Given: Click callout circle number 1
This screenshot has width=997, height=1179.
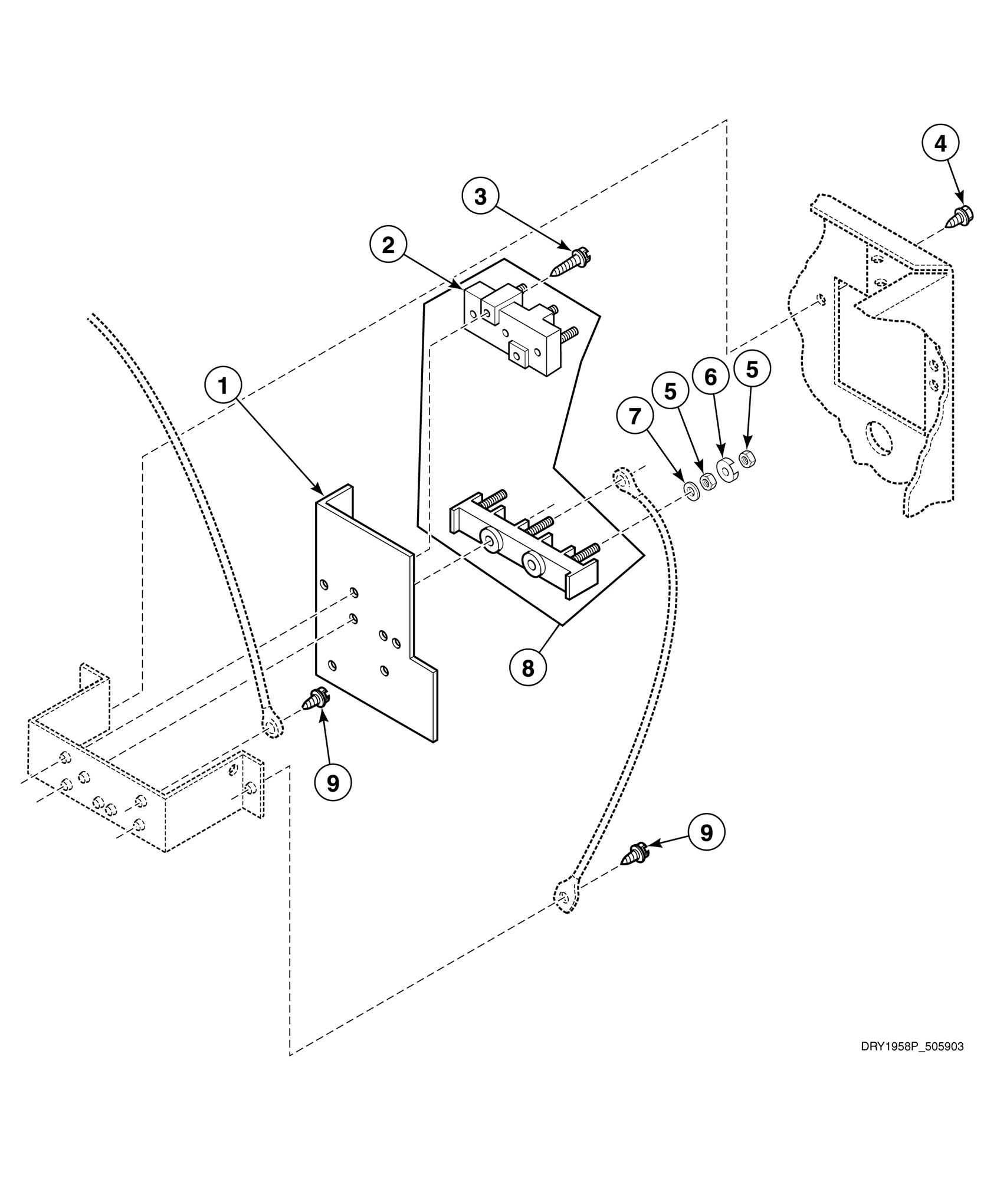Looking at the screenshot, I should coord(223,386).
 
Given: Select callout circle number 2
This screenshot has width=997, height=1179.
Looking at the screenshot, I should coord(388,245).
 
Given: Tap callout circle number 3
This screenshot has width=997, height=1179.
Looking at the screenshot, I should coord(480,197).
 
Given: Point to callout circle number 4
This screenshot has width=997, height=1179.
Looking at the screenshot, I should coord(940,143).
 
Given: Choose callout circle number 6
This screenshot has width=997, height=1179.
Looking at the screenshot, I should coord(710,377).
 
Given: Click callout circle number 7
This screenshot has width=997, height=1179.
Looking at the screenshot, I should coord(635,416).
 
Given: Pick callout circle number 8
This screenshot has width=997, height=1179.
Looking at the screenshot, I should coord(527,668).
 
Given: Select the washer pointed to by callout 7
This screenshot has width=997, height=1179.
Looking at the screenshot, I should coord(690,490).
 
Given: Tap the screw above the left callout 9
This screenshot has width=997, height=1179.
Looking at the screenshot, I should coord(316,699).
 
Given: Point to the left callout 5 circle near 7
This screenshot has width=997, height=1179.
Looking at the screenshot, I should coord(670,391).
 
